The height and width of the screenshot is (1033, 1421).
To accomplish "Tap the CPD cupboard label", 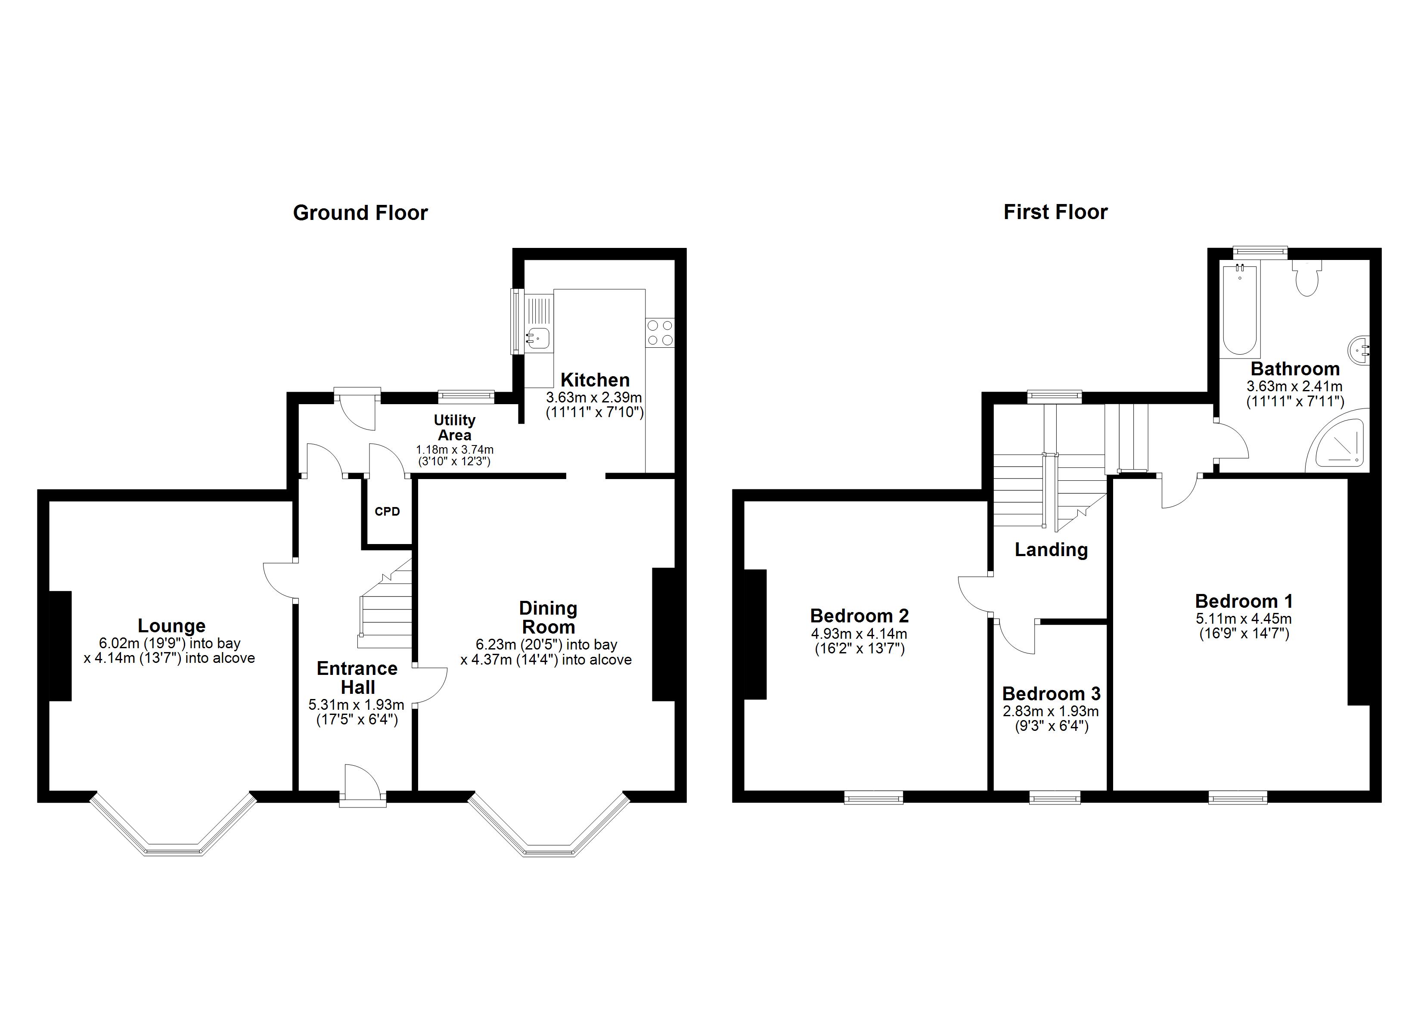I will (387, 511).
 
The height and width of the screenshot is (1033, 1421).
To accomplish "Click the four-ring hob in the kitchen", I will (660, 333).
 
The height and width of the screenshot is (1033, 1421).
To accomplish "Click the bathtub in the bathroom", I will (1239, 311).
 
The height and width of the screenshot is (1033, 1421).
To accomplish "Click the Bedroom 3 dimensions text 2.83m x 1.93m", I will (1050, 711).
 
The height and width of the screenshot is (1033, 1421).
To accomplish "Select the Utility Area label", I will (454, 427).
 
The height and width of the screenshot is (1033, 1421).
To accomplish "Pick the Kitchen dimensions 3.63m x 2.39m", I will (593, 397).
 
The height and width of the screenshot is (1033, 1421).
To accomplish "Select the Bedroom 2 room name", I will (859, 616).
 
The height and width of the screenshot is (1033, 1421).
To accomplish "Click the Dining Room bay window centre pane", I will (549, 850).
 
